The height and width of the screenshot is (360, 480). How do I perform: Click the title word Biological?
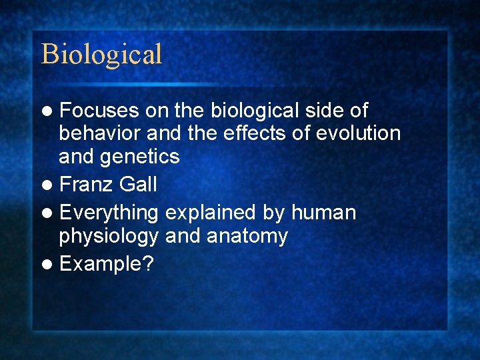click(x=101, y=54)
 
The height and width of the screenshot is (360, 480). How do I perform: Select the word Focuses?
click(x=99, y=110)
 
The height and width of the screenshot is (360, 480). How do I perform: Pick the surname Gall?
click(x=138, y=184)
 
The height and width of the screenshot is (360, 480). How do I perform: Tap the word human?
click(x=323, y=213)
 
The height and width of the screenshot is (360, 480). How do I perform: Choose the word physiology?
click(x=109, y=236)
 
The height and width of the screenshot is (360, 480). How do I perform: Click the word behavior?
click(x=99, y=133)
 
